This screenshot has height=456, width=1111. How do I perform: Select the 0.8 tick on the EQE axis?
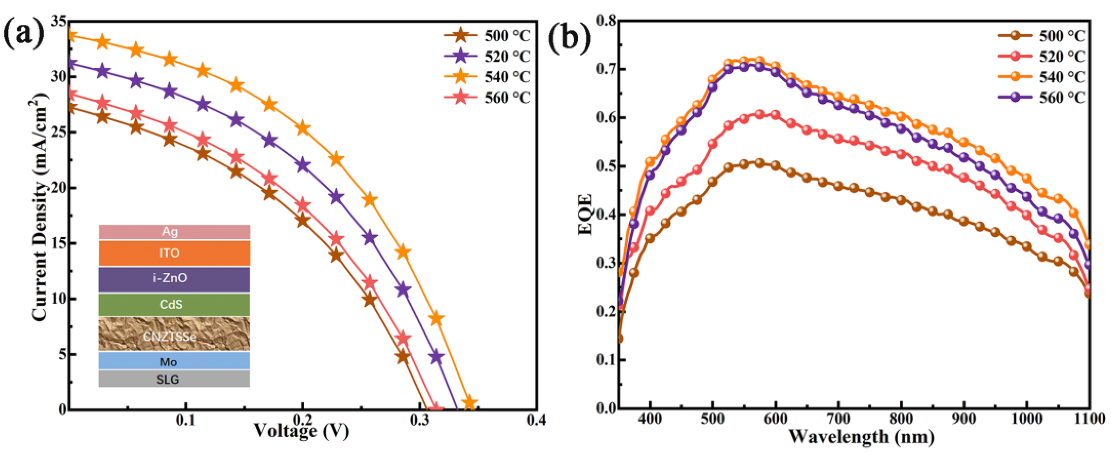click(x=606, y=21)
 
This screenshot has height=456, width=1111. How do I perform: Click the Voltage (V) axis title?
click(x=301, y=431)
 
